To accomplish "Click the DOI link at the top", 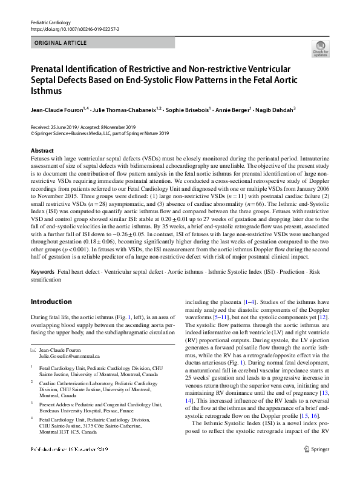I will (x=71, y=28).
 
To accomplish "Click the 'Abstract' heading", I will (x=41, y=150).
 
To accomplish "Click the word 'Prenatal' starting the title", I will (x=49, y=70).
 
